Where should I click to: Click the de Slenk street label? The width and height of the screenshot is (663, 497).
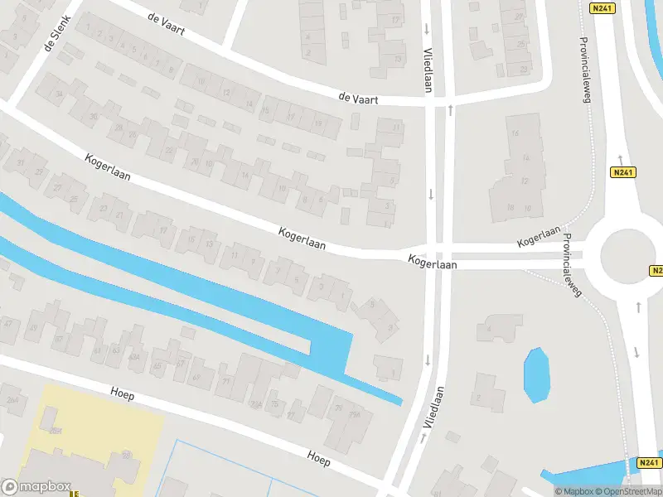click(x=58, y=34)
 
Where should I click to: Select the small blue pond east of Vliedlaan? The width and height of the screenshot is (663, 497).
click(x=537, y=374)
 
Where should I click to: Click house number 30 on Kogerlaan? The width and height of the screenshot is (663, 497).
click(x=94, y=117)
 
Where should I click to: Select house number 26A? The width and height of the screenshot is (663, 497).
click(x=12, y=400)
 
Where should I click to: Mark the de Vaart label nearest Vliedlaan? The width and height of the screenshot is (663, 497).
click(x=358, y=98)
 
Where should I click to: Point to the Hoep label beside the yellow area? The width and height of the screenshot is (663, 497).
click(x=121, y=396)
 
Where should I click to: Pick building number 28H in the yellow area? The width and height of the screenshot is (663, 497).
click(x=56, y=432)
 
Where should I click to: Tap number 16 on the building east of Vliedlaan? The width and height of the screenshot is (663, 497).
click(x=515, y=133)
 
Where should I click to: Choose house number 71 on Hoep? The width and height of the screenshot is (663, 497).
click(x=226, y=381)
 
